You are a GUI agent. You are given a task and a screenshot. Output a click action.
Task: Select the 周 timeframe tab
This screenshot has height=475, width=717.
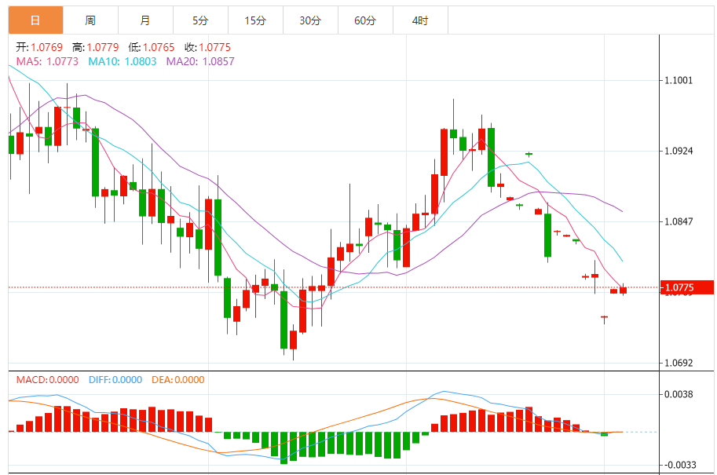pyautogui.click(x=90, y=20)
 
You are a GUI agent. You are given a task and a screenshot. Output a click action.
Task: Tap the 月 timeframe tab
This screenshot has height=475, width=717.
pyautogui.click(x=145, y=20)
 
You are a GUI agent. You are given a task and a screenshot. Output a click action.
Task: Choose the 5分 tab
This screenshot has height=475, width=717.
pyautogui.click(x=200, y=20)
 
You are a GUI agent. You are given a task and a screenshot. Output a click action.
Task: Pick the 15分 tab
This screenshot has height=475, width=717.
pyautogui.click(x=255, y=20)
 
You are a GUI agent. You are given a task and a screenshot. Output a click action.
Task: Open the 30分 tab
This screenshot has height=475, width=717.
pyautogui.click(x=310, y=20)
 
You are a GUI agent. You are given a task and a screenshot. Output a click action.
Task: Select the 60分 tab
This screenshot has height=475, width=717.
pyautogui.click(x=365, y=20)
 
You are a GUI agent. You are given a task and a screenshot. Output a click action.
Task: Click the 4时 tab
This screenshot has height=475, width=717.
pyautogui.click(x=420, y=20)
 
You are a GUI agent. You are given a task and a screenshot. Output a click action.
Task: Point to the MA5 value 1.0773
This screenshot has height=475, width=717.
pyautogui.click(x=63, y=60)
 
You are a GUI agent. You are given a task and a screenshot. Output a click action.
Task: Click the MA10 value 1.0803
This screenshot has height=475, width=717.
pyautogui.click(x=139, y=60)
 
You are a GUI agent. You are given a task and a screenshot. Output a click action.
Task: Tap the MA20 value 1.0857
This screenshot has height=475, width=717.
pyautogui.click(x=218, y=60)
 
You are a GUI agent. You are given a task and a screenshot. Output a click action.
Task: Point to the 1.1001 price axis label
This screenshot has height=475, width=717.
pyautogui.click(x=679, y=80)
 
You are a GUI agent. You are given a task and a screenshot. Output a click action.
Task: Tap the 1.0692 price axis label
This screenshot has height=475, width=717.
pyautogui.click(x=679, y=363)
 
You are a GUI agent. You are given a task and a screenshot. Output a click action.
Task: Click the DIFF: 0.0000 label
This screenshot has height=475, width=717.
pyautogui.click(x=115, y=380)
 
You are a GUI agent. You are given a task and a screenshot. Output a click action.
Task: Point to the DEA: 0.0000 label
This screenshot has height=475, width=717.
pyautogui.click(x=177, y=380)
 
